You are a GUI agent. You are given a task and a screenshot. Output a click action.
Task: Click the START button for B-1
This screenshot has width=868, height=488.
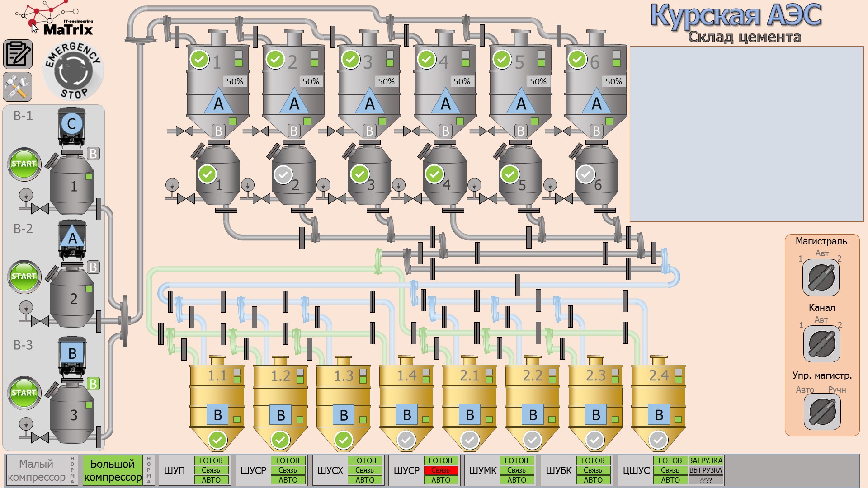click(x=24, y=164)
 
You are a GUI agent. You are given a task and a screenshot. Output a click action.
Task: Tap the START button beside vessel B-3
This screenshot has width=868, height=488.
click(x=24, y=393)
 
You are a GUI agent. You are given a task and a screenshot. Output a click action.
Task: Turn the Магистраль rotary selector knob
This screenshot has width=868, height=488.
click(x=821, y=277)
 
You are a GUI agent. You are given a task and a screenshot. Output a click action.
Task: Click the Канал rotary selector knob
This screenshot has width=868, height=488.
click(x=821, y=343)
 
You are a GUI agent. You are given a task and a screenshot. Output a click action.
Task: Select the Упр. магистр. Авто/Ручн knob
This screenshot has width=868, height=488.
click(x=822, y=412)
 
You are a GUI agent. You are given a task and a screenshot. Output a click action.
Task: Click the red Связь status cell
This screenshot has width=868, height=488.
click(x=440, y=470)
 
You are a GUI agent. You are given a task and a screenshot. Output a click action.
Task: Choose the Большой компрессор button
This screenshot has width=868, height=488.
click(x=113, y=470)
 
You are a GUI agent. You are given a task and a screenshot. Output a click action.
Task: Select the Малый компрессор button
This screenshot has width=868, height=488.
click(x=36, y=470)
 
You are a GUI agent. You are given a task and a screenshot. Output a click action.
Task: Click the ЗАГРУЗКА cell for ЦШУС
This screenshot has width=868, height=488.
click(x=705, y=460)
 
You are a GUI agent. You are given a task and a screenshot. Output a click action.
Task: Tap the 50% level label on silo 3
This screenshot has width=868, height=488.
click(x=386, y=82)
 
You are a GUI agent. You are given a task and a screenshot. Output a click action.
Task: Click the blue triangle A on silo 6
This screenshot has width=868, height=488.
click(x=596, y=103)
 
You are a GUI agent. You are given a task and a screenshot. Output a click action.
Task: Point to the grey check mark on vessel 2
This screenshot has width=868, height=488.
click(x=283, y=174)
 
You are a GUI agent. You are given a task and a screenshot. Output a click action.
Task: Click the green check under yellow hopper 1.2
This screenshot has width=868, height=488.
click(x=280, y=440)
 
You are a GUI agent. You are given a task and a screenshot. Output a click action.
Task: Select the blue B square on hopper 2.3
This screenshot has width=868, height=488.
click(x=596, y=414)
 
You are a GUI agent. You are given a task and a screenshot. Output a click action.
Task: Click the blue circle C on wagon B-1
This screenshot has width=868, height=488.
click(x=72, y=124)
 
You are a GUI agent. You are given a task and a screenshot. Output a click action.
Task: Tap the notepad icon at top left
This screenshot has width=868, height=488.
click(x=18, y=54)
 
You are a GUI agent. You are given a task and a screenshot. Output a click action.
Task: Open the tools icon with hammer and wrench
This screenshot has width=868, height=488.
click(x=18, y=86)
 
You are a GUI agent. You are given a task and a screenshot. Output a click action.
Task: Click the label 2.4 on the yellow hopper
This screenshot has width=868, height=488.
click(x=659, y=375)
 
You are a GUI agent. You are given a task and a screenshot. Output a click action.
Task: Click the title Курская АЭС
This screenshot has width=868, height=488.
click(x=736, y=15)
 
